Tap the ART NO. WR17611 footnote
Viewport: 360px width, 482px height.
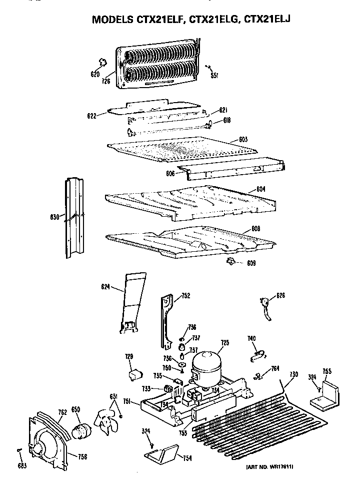pyautogui.click(x=269, y=467)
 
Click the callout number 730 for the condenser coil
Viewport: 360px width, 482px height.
pyautogui.click(x=293, y=374)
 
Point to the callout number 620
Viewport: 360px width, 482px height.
pyautogui.click(x=95, y=75)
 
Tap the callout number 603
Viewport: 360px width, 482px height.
pyautogui.click(x=243, y=139)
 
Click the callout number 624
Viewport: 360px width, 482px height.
pyautogui.click(x=105, y=286)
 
